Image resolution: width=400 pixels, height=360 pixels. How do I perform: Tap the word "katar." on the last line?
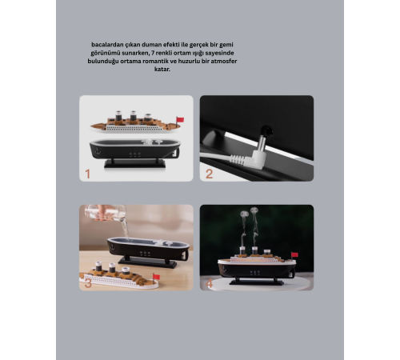click(x=162, y=69)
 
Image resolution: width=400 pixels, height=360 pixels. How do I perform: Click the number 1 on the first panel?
click(x=88, y=174)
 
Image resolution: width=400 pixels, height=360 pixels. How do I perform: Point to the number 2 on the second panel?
click(x=209, y=174)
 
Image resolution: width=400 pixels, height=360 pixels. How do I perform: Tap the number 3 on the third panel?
click(x=88, y=283)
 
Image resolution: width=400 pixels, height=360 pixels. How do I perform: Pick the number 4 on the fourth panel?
click(x=209, y=283)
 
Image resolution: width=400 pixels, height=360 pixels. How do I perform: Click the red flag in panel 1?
click(x=180, y=119)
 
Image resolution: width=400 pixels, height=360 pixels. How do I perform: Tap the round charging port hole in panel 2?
click(x=267, y=130)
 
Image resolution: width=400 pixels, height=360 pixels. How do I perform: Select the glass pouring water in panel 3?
click(x=105, y=213)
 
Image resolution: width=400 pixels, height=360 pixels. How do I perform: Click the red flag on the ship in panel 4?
click(x=294, y=254)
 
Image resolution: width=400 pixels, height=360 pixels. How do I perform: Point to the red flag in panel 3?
click(x=156, y=277)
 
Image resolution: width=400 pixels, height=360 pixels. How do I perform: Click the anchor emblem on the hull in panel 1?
click(x=98, y=151)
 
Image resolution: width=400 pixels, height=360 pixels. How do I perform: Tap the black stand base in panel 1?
click(x=134, y=163)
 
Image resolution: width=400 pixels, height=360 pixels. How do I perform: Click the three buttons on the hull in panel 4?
click(x=255, y=273)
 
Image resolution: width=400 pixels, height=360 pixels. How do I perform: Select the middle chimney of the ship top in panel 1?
click(x=133, y=116)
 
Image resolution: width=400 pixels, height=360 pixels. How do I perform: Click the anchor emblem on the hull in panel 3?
click(x=113, y=247)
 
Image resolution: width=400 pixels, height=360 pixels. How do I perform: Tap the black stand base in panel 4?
click(x=257, y=282)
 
